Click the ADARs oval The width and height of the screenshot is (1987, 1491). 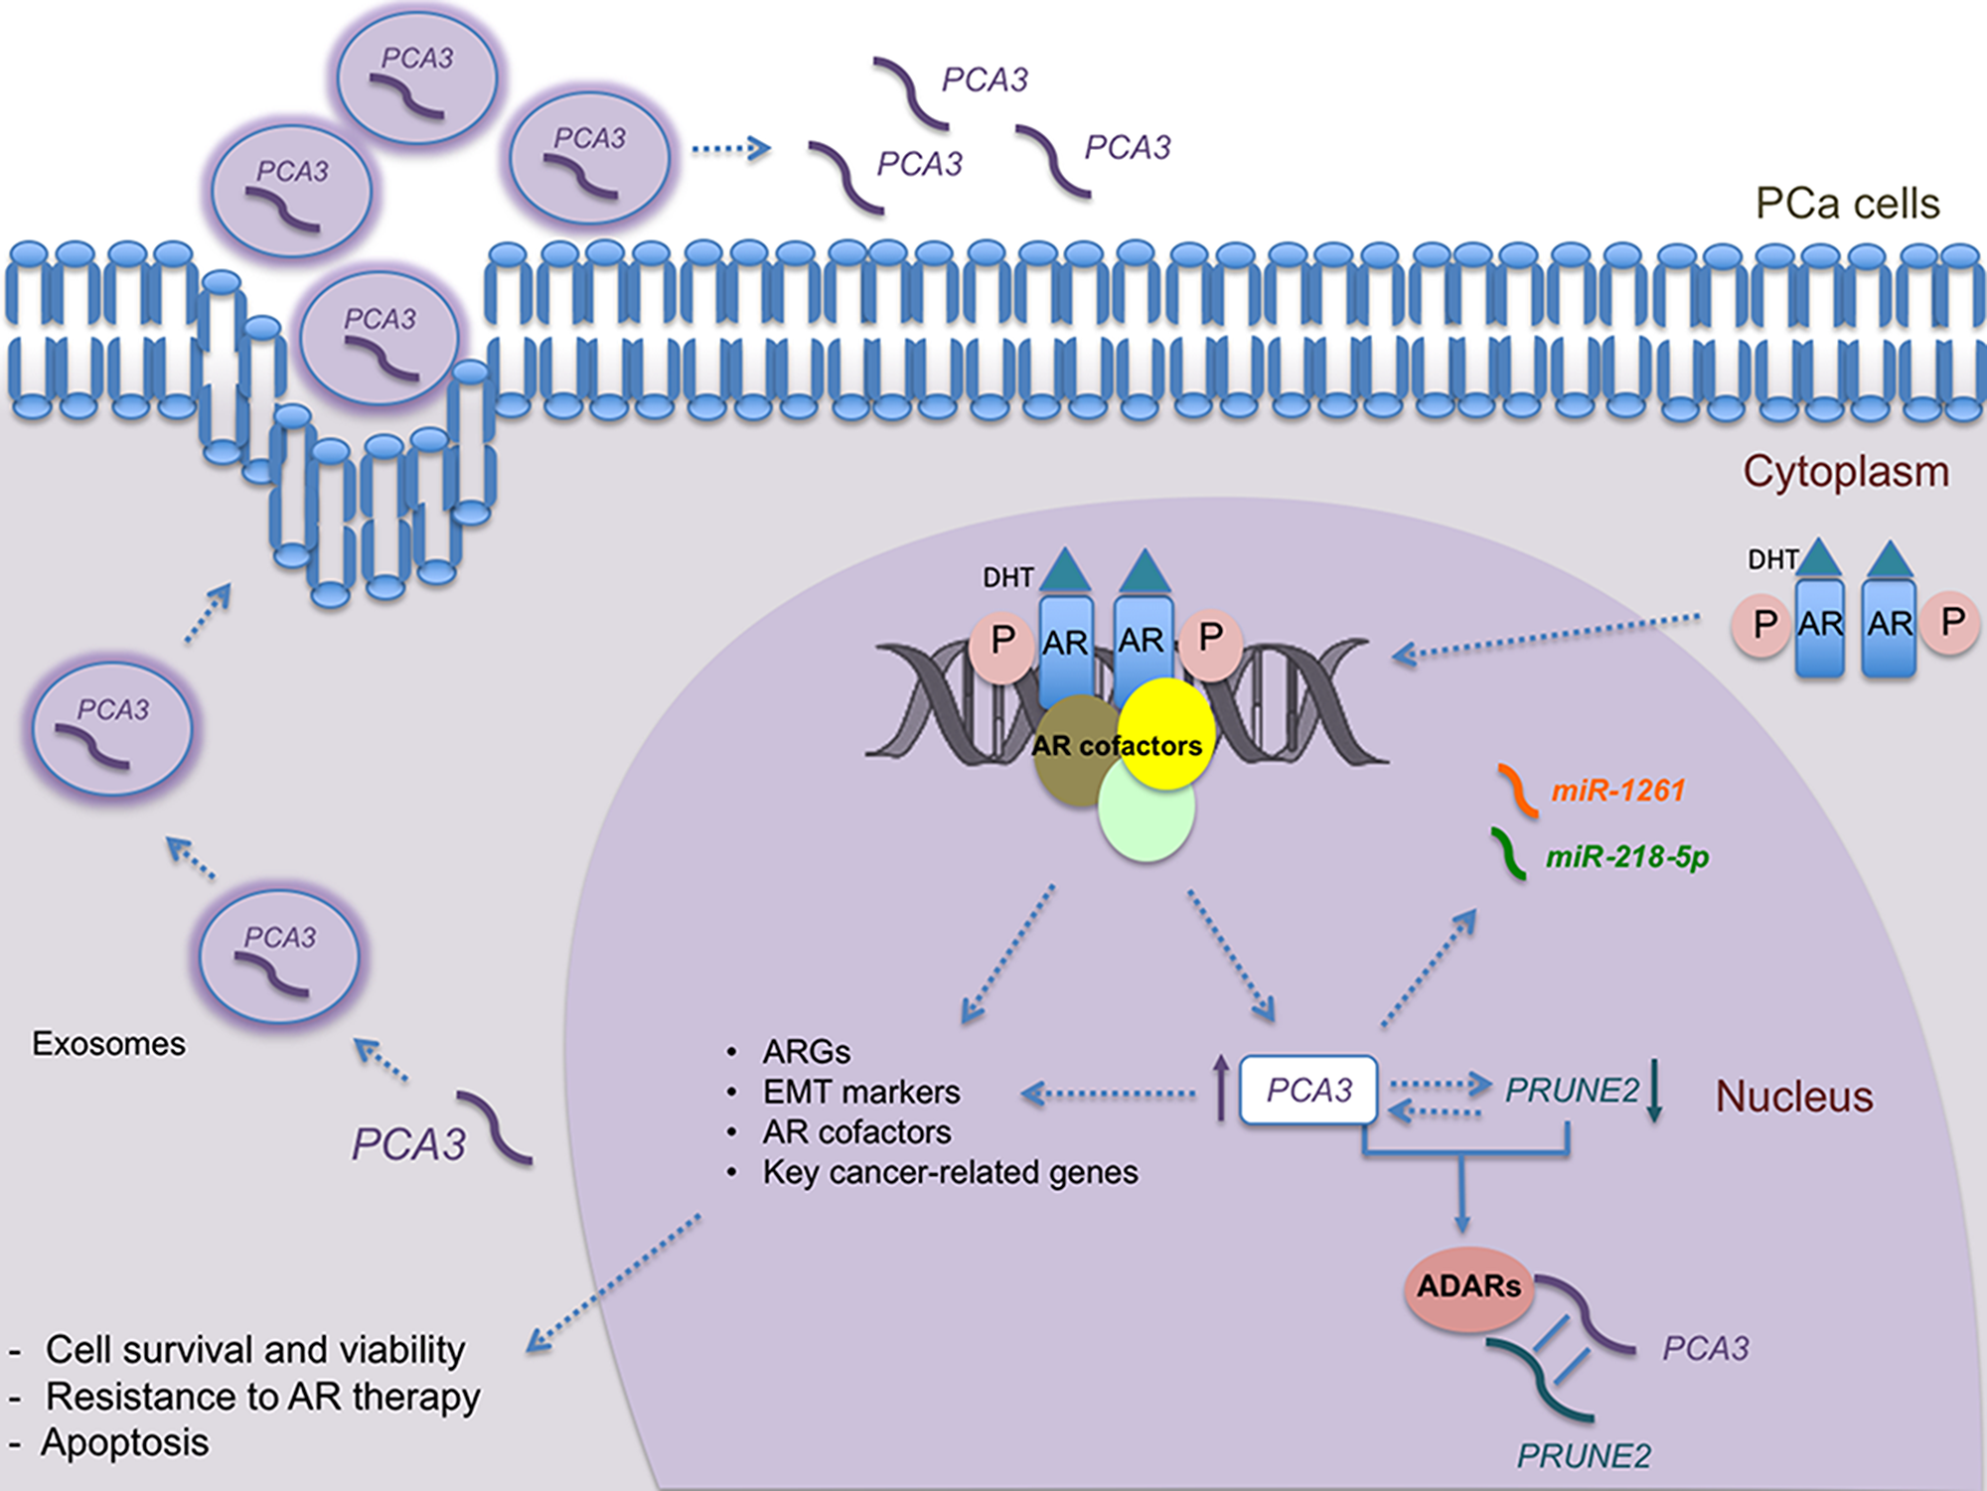(x=1468, y=1288)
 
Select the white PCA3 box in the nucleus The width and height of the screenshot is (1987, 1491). (x=1308, y=1091)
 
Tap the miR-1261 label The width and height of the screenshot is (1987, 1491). (x=1617, y=791)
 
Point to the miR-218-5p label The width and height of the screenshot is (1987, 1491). (x=1626, y=857)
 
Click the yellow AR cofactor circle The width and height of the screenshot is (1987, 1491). (x=1167, y=730)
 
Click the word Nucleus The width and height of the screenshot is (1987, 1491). (x=1793, y=1098)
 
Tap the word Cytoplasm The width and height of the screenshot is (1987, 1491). (x=1845, y=472)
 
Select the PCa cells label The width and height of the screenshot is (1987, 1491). (x=1846, y=204)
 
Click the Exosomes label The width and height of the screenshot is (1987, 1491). (x=108, y=1044)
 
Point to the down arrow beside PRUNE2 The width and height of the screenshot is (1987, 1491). (x=1654, y=1091)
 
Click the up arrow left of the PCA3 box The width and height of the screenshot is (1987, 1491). (x=1221, y=1089)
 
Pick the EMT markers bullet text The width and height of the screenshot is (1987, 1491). (x=860, y=1093)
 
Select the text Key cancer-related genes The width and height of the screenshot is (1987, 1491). (x=950, y=1173)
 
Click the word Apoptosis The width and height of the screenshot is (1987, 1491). (x=125, y=1443)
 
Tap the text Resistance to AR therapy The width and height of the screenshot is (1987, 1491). (x=263, y=1398)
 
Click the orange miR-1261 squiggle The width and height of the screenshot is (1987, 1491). (x=1518, y=791)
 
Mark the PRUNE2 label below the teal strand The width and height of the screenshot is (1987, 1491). (x=1583, y=1456)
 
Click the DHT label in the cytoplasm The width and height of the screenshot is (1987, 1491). (x=1771, y=560)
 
